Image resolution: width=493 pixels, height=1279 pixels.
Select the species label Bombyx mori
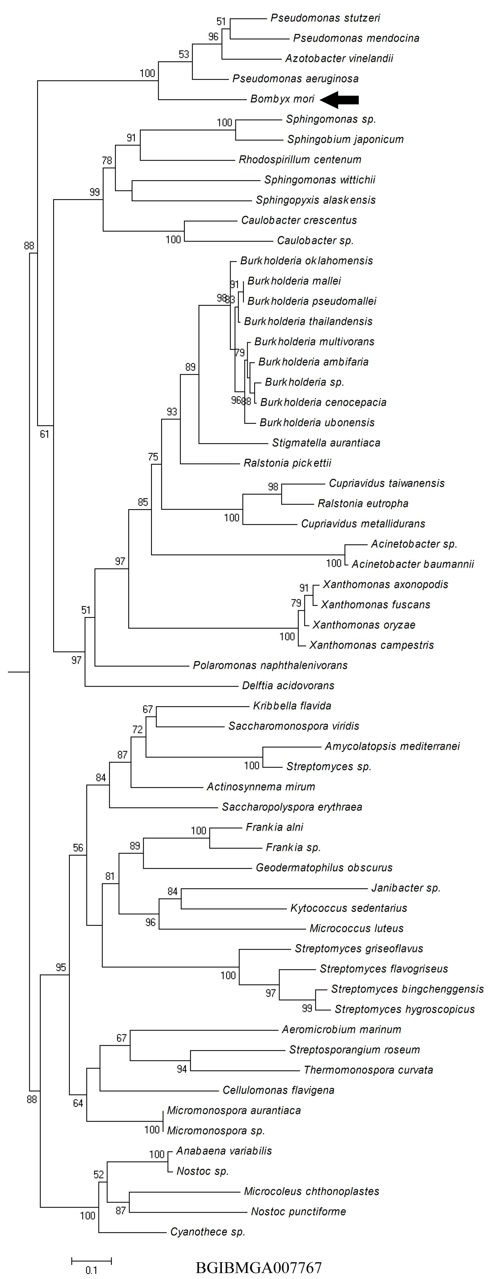tap(282, 99)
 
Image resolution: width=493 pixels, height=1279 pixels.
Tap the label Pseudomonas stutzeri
tap(325, 18)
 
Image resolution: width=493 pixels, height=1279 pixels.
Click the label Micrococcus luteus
tap(356, 928)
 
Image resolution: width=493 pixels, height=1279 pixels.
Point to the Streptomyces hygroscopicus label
tap(404, 1009)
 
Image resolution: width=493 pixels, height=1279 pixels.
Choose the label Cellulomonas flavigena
tap(278, 1090)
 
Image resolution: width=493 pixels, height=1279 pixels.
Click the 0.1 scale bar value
tap(91, 1270)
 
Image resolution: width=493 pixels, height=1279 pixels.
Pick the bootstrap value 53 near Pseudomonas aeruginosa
tap(184, 54)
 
